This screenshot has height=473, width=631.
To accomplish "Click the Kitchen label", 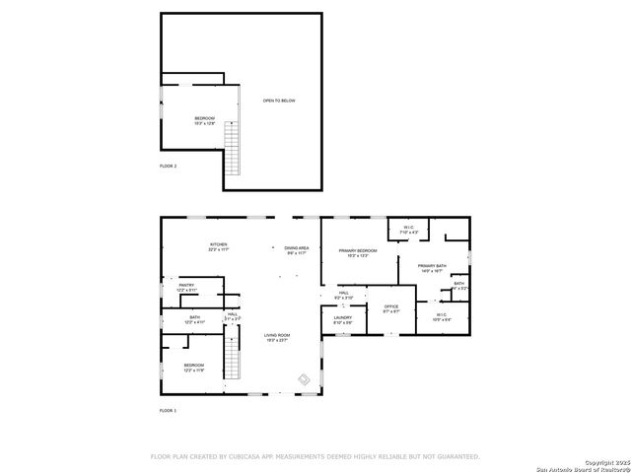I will click(218, 246).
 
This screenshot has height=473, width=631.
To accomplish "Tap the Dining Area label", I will click(297, 250).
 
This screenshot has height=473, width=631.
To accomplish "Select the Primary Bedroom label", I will click(359, 253).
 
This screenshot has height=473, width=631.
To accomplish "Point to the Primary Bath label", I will click(432, 267).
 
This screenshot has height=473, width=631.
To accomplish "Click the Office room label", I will click(390, 308).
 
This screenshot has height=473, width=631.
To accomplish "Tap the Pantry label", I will click(186, 288).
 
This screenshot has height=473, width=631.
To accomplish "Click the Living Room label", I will click(277, 337).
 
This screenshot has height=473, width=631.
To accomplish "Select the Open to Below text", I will click(278, 101).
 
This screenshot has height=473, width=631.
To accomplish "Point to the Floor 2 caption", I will click(168, 166).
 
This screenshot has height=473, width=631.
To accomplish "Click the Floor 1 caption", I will click(168, 409).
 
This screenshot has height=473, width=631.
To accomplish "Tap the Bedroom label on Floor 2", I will click(204, 120).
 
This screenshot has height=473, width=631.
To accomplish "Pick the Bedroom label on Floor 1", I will click(193, 368).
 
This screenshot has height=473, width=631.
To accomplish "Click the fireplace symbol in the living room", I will click(305, 378).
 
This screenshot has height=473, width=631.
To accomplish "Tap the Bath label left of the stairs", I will click(194, 319).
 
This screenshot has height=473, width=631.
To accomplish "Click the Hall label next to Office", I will click(344, 295).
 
